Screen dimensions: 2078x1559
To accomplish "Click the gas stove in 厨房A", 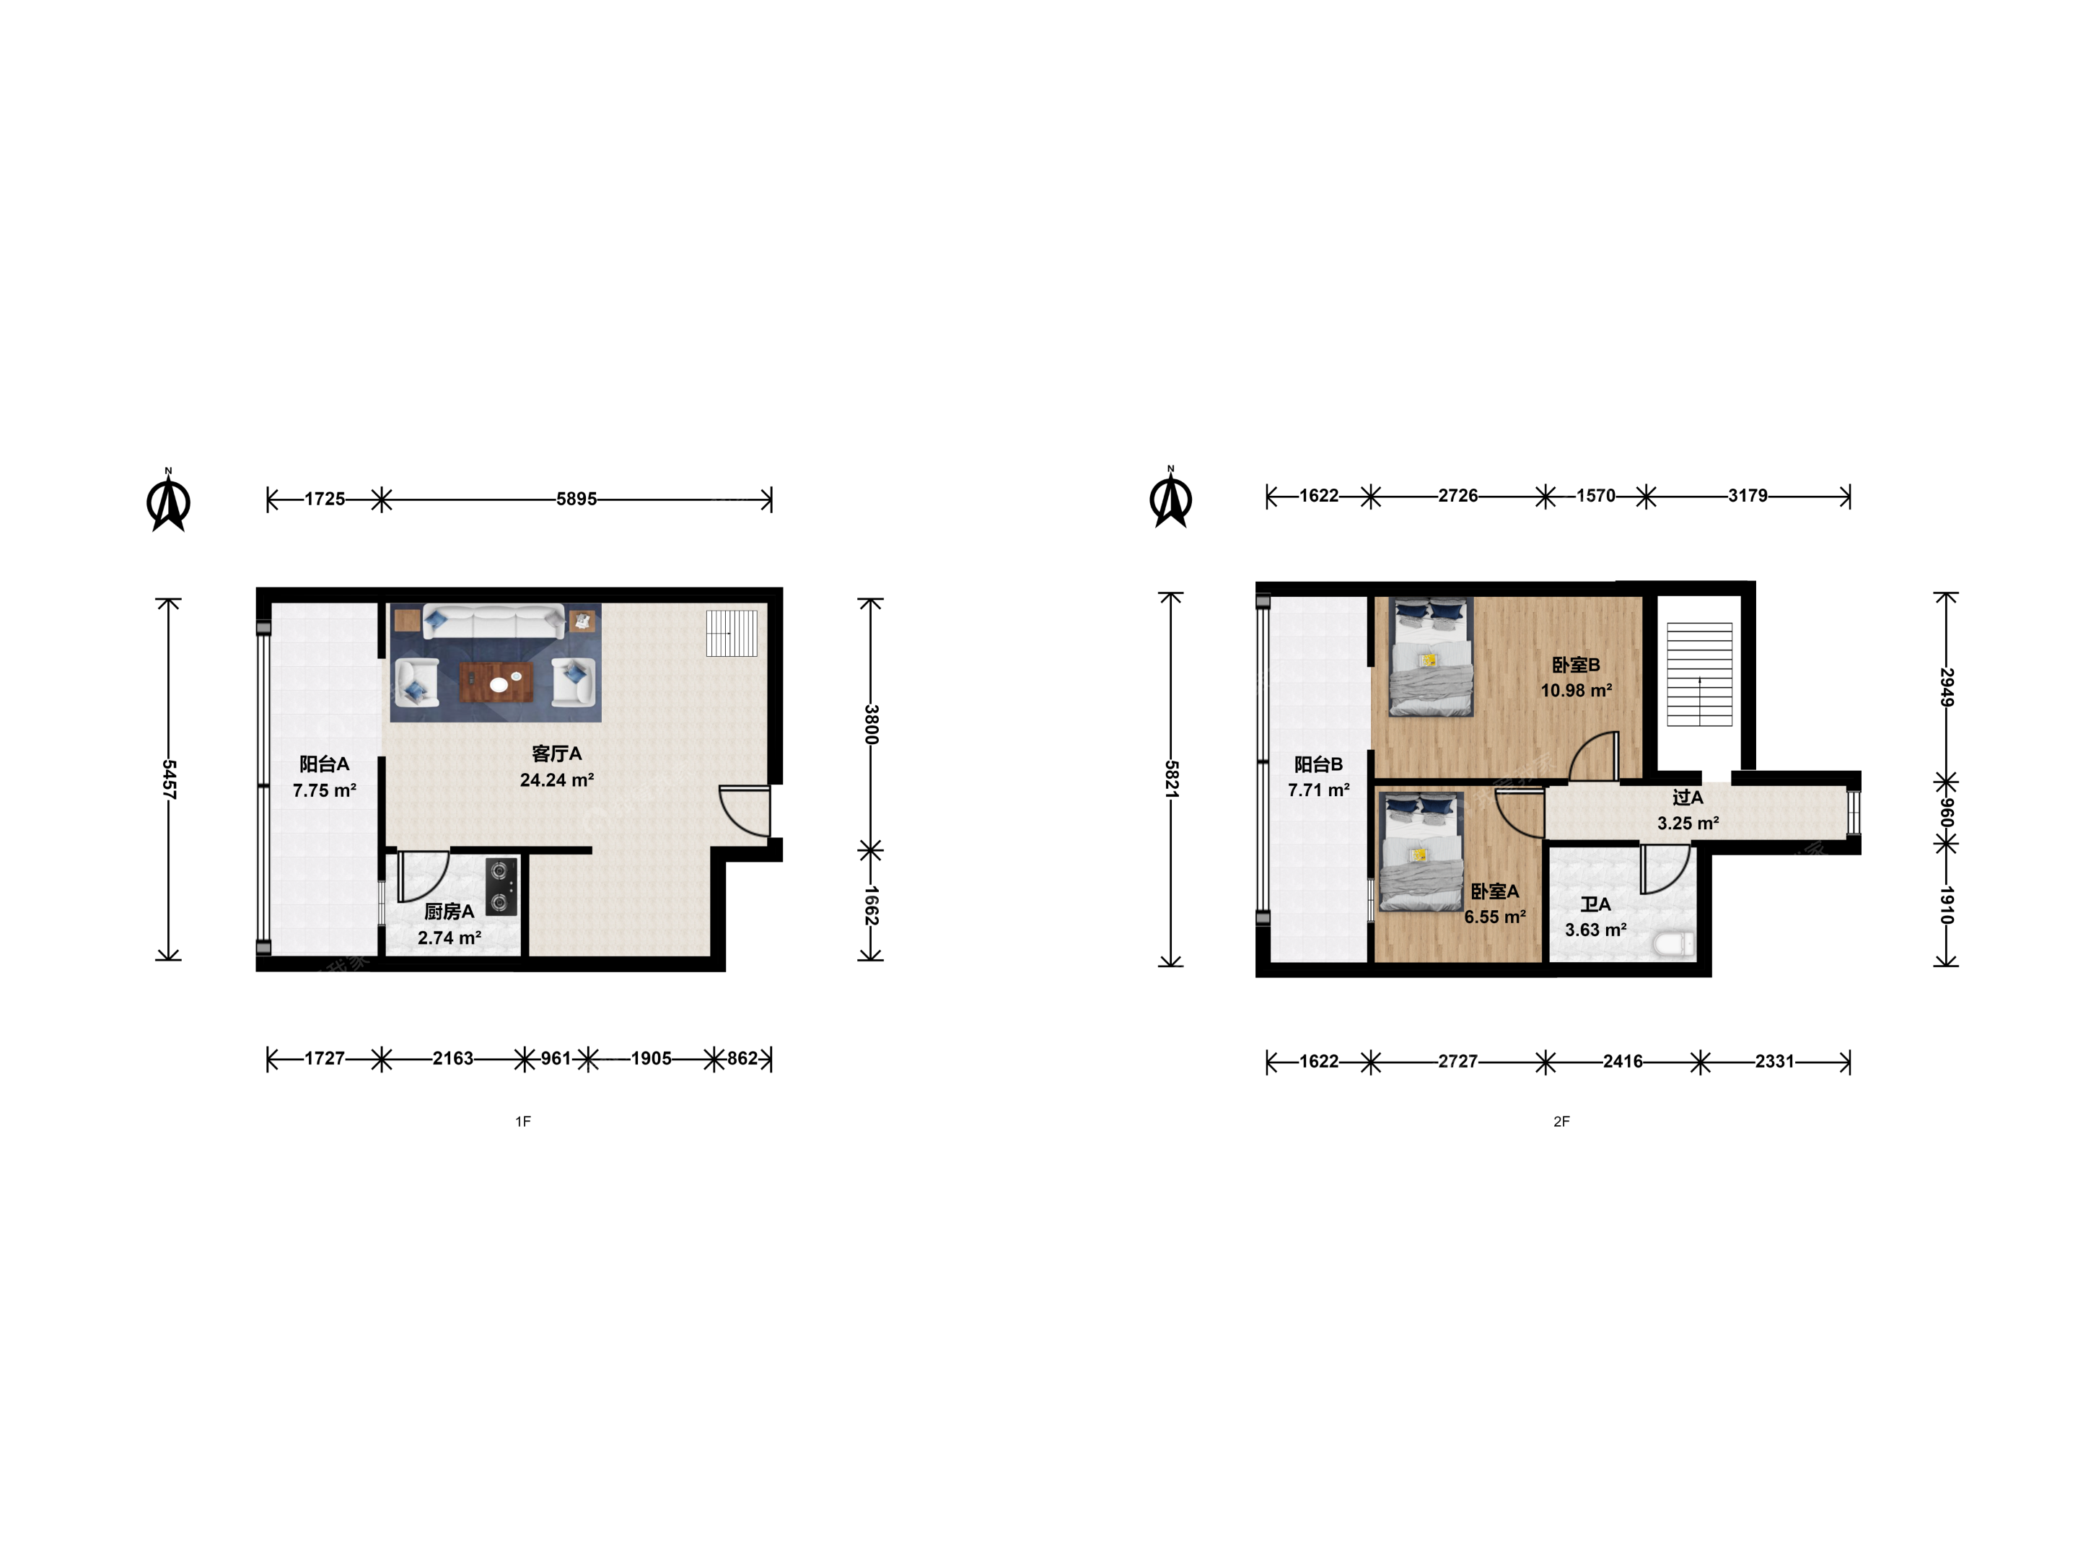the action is point(501,887).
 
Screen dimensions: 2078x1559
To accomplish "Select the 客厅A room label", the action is point(557,754).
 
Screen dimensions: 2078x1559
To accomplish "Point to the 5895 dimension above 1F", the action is point(576,499).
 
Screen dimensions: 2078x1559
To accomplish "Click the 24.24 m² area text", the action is point(557,780).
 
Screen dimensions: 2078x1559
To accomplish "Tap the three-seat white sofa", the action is point(494,622).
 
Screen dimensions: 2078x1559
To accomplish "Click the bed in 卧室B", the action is point(1431,657).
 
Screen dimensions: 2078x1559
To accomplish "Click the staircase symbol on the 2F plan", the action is point(1699,674).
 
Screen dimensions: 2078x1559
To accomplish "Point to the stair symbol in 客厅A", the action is point(732,632).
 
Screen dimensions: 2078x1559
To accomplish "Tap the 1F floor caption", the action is point(523,1121).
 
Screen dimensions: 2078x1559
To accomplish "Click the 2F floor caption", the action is point(1561,1121).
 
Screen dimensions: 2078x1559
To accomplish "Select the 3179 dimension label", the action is point(1748,495).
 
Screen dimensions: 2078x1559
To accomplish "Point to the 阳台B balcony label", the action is point(1319,764).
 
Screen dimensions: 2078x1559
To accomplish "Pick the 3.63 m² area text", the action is point(1595,930).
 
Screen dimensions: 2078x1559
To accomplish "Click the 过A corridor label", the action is point(1687,797).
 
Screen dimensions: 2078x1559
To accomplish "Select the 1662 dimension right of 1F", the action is point(871,905).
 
